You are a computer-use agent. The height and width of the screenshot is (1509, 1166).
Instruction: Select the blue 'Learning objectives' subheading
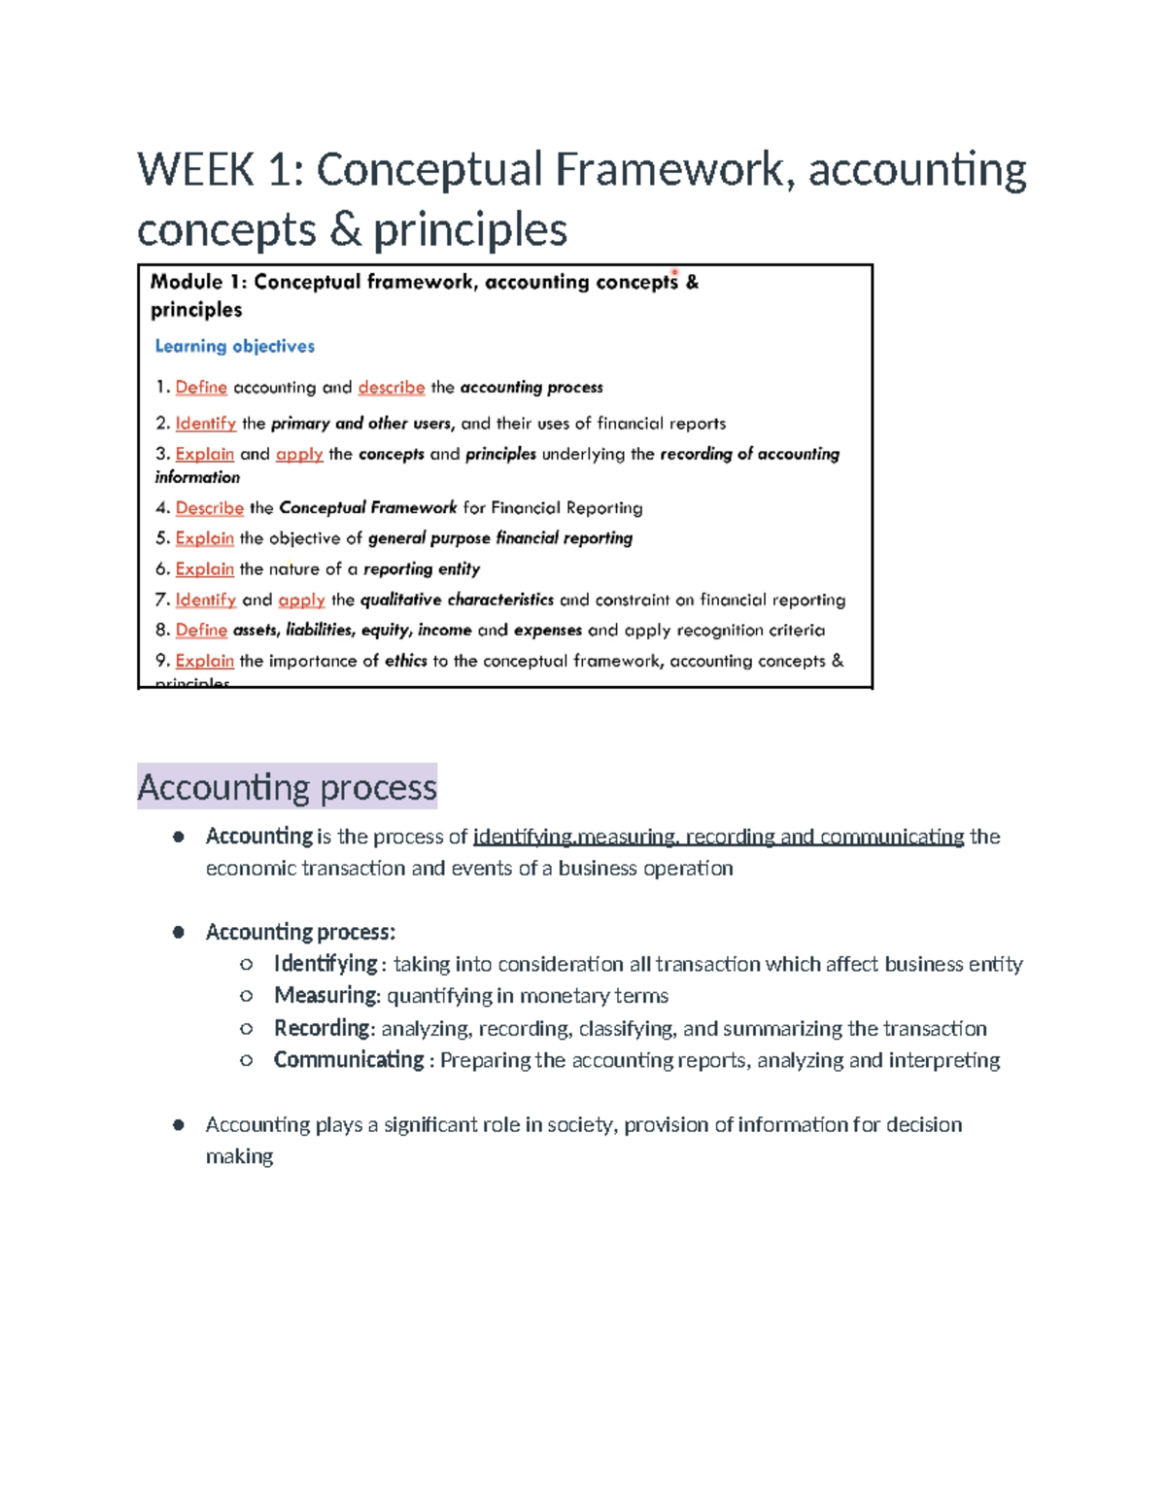tap(234, 346)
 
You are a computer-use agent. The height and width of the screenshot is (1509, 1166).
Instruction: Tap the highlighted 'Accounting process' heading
tap(287, 786)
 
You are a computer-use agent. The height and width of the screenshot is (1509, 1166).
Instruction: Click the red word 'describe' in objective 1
tap(391, 388)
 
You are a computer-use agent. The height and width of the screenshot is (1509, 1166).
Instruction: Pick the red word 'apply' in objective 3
tap(298, 454)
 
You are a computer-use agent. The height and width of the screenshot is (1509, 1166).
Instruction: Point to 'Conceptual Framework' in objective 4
tap(367, 508)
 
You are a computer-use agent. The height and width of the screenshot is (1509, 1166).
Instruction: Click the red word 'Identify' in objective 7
tap(205, 600)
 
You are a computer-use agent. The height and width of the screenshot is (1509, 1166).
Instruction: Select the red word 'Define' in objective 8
tap(201, 631)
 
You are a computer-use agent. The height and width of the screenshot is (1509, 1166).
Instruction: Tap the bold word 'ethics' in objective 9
tap(405, 661)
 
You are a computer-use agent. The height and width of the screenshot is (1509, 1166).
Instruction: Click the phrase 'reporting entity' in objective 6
tap(421, 569)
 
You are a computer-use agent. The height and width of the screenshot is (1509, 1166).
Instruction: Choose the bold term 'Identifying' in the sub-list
tap(325, 964)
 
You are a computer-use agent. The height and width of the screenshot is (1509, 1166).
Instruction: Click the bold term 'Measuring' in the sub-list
tap(325, 996)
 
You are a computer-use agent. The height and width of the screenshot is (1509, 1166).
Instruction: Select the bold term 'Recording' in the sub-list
tap(322, 1028)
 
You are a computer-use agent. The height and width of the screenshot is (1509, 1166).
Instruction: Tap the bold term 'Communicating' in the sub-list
tap(348, 1060)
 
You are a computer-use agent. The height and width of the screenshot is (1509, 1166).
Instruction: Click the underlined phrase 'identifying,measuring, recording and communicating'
tap(718, 837)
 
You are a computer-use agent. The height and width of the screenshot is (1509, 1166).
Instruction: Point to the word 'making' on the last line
tap(239, 1156)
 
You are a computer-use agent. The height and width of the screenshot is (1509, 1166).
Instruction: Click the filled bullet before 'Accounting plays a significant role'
tap(179, 1125)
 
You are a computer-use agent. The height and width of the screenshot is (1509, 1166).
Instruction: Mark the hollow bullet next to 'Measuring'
tap(247, 996)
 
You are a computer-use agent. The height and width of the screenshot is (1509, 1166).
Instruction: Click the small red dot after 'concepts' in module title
tap(674, 273)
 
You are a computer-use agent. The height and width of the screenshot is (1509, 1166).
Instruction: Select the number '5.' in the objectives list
tap(162, 538)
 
